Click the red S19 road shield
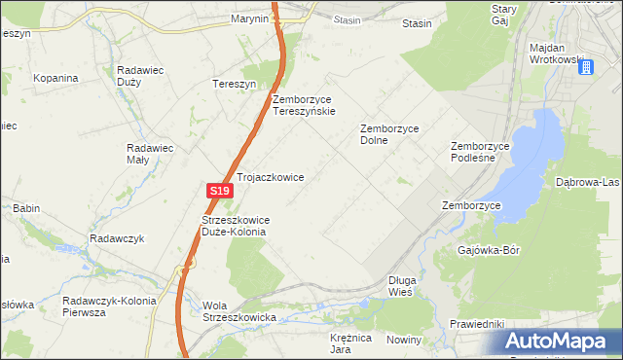[x=219, y=193]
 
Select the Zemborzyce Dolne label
[x=388, y=134]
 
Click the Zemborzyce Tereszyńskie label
[x=305, y=105]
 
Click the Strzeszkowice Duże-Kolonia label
[x=235, y=226]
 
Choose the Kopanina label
[x=55, y=77]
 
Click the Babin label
[x=25, y=208]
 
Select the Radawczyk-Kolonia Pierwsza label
[x=108, y=307]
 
